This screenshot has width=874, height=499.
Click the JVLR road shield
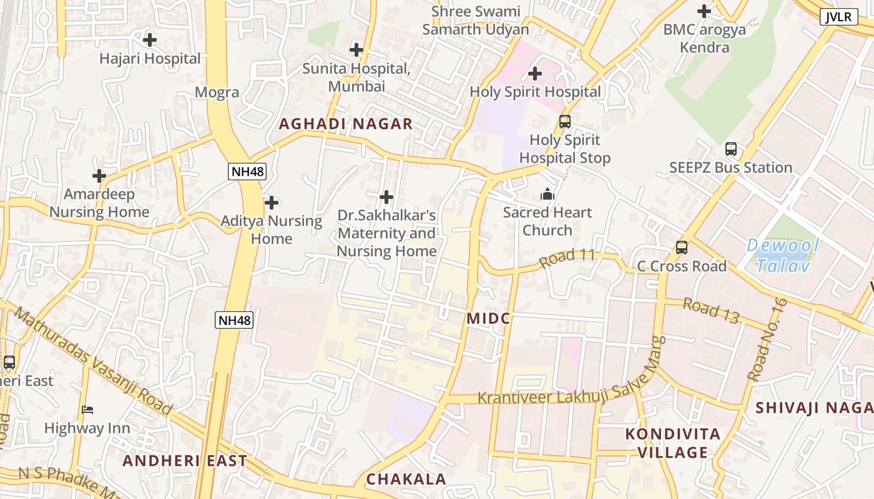838,17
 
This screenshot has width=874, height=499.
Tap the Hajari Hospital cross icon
150,41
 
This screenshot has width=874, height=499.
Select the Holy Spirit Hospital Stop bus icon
565,122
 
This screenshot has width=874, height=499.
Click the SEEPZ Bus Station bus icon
731,149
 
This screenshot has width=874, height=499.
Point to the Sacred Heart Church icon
547,195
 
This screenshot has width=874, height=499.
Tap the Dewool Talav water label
783,256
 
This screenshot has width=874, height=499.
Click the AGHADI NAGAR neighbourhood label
346,124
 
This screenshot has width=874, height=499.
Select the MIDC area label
488,319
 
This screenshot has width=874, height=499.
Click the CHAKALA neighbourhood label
406,479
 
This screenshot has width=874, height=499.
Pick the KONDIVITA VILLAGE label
673,443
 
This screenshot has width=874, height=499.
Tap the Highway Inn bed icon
87,410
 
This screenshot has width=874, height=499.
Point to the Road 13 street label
710,310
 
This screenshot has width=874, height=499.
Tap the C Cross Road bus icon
682,248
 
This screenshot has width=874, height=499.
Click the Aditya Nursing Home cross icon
272,203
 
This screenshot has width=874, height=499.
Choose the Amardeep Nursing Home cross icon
99,176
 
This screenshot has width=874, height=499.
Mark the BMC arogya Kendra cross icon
704,11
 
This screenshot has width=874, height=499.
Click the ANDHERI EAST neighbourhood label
185,461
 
